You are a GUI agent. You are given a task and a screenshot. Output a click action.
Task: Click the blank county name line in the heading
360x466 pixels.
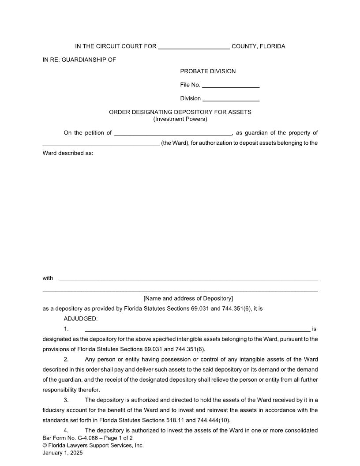coord(194,47)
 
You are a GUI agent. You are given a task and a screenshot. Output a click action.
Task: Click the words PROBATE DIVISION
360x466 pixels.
coord(208,71)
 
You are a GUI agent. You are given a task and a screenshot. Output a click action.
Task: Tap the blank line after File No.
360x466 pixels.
coord(231,86)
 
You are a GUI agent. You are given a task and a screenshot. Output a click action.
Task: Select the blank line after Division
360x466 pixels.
coord(231,99)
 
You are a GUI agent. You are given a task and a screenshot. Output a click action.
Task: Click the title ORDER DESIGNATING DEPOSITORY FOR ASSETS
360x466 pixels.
coord(180,112)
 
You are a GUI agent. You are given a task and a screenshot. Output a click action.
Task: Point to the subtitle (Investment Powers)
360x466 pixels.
coord(180,119)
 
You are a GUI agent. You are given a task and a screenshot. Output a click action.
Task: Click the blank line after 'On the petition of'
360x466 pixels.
coord(172,133)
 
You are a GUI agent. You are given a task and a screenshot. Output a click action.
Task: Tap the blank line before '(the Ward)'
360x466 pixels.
coord(101,143)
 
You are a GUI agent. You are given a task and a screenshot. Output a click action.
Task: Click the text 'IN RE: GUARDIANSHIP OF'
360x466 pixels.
coord(79,60)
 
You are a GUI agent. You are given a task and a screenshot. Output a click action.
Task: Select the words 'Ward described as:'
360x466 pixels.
coord(67,154)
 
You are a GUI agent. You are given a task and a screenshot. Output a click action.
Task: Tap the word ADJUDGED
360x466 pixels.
coord(81,319)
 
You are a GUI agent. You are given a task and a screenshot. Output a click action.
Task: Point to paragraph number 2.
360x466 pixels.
coord(66,360)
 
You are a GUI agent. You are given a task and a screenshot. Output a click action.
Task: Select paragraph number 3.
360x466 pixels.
coord(66,400)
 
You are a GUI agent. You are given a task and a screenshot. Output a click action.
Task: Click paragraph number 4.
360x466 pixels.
coord(66,430)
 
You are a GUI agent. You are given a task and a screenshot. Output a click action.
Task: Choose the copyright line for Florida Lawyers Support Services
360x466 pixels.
coord(93,446)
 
